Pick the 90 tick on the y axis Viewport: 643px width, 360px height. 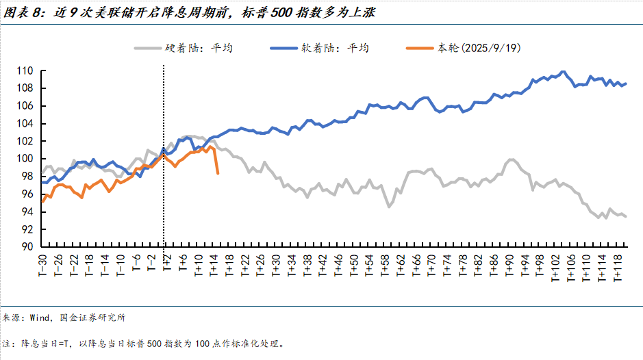click(x=28, y=247)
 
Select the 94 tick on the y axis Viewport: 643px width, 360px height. click(x=28, y=211)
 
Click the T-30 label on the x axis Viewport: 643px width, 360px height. click(x=42, y=265)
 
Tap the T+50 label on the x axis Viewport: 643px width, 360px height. click(x=354, y=265)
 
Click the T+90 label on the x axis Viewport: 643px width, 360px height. click(x=509, y=265)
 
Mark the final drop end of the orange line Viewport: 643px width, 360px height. click(x=218, y=173)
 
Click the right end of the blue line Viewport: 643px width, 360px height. click(x=626, y=83)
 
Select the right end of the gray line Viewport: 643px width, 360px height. click(x=626, y=216)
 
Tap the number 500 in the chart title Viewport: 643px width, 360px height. click(x=294, y=12)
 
